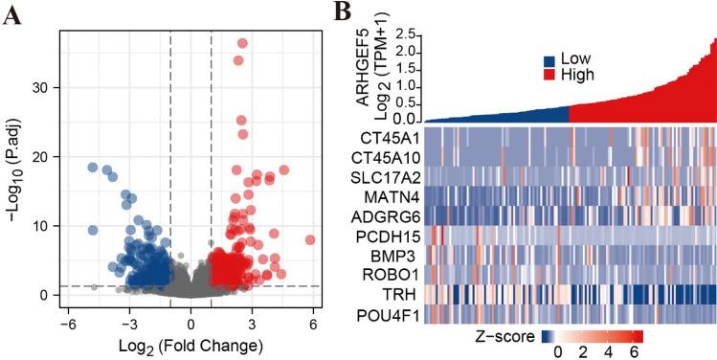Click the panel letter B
coord(343,12)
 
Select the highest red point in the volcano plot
coord(242,43)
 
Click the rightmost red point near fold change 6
coord(309,239)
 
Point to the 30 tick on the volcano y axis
coord(47,87)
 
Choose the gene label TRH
coord(400,297)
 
